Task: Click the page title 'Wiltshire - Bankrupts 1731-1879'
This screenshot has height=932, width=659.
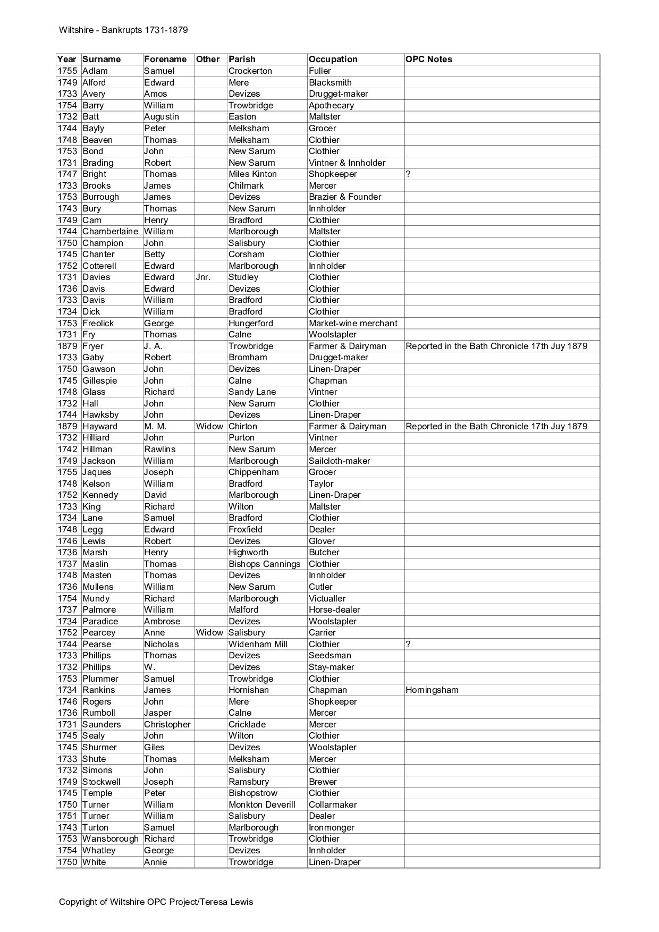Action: coord(123,30)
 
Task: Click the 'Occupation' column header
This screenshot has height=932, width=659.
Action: coord(333,59)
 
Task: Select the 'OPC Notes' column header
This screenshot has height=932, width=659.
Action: coord(428,59)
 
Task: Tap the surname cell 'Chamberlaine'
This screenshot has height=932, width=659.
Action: coord(110,232)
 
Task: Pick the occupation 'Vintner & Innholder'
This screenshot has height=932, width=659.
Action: coord(347,163)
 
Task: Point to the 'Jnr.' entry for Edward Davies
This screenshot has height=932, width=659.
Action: coord(203,277)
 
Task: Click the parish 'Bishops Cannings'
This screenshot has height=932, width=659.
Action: coord(264,564)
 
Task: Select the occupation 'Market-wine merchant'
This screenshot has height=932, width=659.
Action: coord(353,323)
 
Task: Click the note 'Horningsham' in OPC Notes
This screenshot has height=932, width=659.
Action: coord(432,690)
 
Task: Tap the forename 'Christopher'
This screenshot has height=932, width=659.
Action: coord(167,724)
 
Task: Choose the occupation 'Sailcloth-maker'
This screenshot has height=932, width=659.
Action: coord(339,461)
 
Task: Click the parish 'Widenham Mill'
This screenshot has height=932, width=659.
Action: coord(258,644)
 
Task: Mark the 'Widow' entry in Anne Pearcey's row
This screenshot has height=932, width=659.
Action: coord(209,633)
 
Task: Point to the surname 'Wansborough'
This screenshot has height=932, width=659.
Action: coord(110,839)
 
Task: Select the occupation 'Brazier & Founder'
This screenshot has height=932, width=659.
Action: coord(345,197)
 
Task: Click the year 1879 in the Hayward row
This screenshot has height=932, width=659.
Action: coord(67,426)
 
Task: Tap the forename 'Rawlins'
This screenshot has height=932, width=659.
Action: coord(159,449)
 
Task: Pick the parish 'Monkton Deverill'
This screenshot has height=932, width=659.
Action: coord(261,804)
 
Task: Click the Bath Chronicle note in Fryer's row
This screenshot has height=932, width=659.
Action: coord(496,346)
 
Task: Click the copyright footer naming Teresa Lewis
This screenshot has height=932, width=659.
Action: coord(156,902)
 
